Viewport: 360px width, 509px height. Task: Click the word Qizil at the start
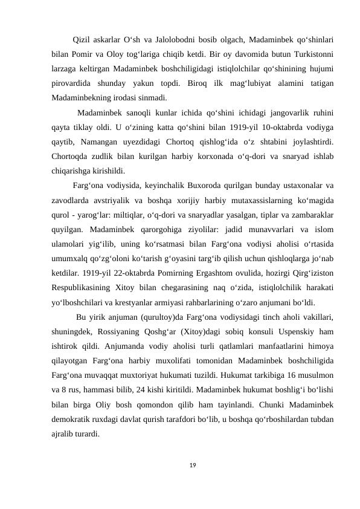pyautogui.click(x=82, y=41)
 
